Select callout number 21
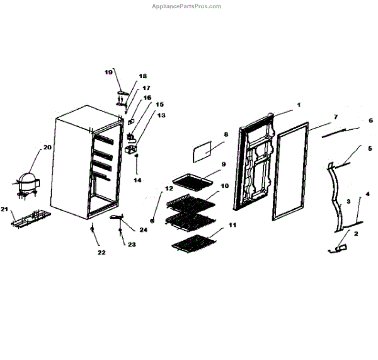pos(4,209)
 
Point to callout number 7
pos(336,117)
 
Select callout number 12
pos(169,188)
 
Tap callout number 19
pos(108,72)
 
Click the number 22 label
pos(101,252)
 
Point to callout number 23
pos(132,244)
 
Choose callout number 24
pos(144,229)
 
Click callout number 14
pos(137,180)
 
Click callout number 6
pos(370,120)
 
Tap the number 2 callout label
pos(356,233)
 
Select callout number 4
pos(367,194)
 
